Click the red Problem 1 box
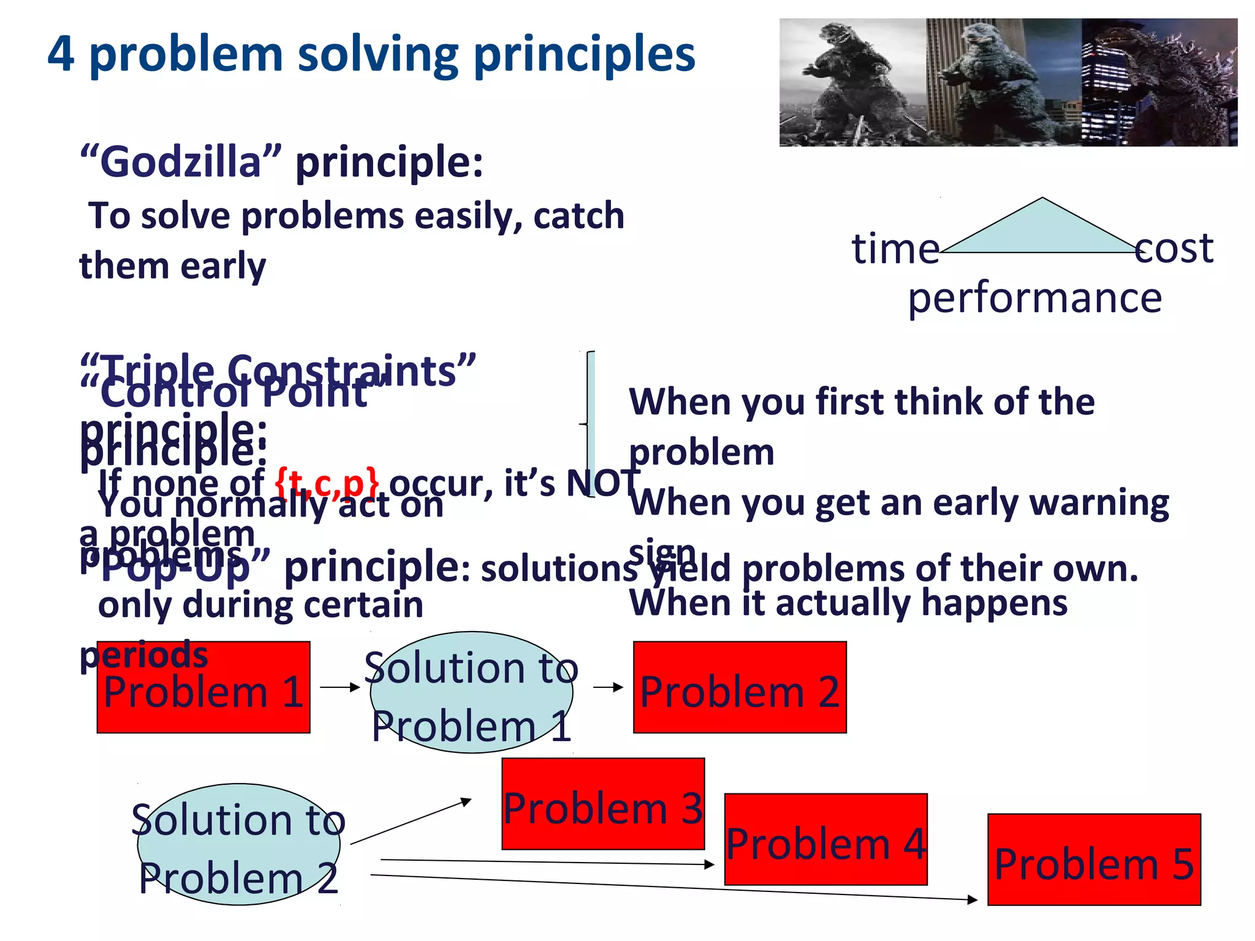[x=203, y=687]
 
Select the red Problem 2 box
[x=740, y=687]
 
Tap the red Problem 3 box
[x=603, y=804]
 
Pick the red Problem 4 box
[x=825, y=839]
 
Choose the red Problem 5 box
[x=1094, y=860]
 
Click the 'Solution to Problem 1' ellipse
[x=471, y=692]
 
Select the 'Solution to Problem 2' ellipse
[x=238, y=844]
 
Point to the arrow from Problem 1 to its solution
[x=339, y=687]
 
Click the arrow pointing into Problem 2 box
[x=608, y=687]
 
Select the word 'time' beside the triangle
[x=895, y=249]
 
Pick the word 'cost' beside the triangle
[x=1173, y=249]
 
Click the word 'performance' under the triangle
[x=1034, y=298]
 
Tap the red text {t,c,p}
[x=327, y=482]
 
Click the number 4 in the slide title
[x=61, y=54]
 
